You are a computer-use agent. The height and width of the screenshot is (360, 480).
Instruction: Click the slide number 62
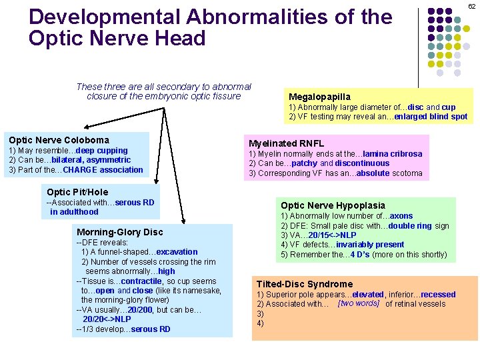[x=471, y=6]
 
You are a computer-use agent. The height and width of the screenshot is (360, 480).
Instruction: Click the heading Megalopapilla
[x=319, y=97]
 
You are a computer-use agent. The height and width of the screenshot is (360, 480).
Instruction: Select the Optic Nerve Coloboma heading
[x=59, y=140]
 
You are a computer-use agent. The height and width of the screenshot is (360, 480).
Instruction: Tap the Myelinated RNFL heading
[x=286, y=143]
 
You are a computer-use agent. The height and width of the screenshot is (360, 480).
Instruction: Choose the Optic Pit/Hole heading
[x=77, y=192]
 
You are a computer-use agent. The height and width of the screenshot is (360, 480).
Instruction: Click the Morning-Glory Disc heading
[x=119, y=232]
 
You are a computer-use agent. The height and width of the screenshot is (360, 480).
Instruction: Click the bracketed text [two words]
[x=359, y=303]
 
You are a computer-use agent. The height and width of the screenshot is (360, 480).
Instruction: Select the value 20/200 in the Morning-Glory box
[x=140, y=310]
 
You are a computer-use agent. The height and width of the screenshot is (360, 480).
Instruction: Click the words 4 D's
[x=349, y=255]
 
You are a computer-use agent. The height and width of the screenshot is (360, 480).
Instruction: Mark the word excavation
[x=177, y=252]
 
